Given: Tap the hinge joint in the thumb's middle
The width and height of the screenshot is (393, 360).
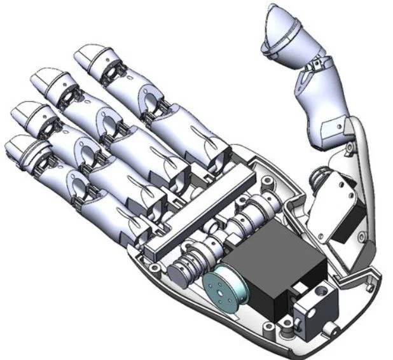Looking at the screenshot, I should [x=316, y=66].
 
